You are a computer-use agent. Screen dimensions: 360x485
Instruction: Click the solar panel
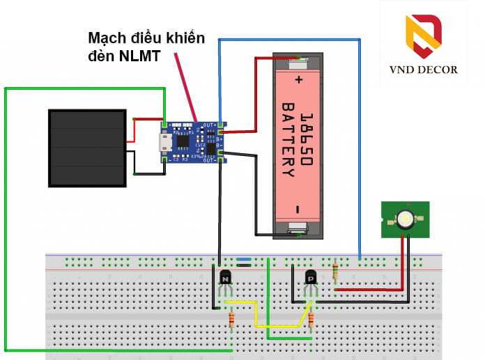pos(88,148)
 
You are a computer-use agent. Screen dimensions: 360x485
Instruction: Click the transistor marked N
pos(225,279)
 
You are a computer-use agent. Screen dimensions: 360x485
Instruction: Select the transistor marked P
pos(311,279)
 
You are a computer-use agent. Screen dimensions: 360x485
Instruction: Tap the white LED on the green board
pos(405,219)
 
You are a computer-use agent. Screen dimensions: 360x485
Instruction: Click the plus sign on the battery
pos(300,79)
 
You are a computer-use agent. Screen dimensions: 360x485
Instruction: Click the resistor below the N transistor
pos(231,320)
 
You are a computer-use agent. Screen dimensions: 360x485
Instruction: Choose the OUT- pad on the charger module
pos(221,159)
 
